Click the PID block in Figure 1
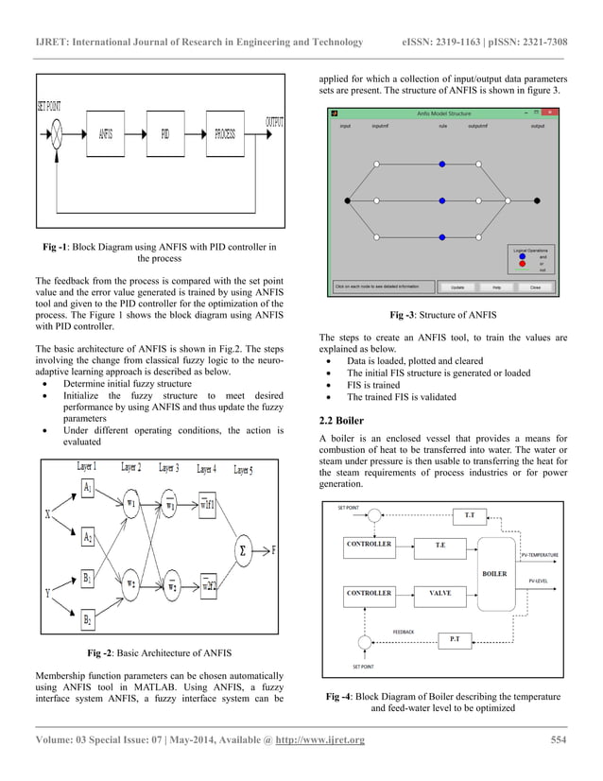tap(164, 133)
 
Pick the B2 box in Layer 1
tap(88, 620)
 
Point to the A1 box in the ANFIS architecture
tap(88, 488)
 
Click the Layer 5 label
tap(239, 468)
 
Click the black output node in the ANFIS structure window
tap(538, 200)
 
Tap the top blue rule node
tap(442, 165)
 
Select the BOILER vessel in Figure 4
tap(494, 573)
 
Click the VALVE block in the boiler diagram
tap(439, 593)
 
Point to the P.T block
tap(455, 639)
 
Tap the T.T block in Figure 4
tap(470, 515)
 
